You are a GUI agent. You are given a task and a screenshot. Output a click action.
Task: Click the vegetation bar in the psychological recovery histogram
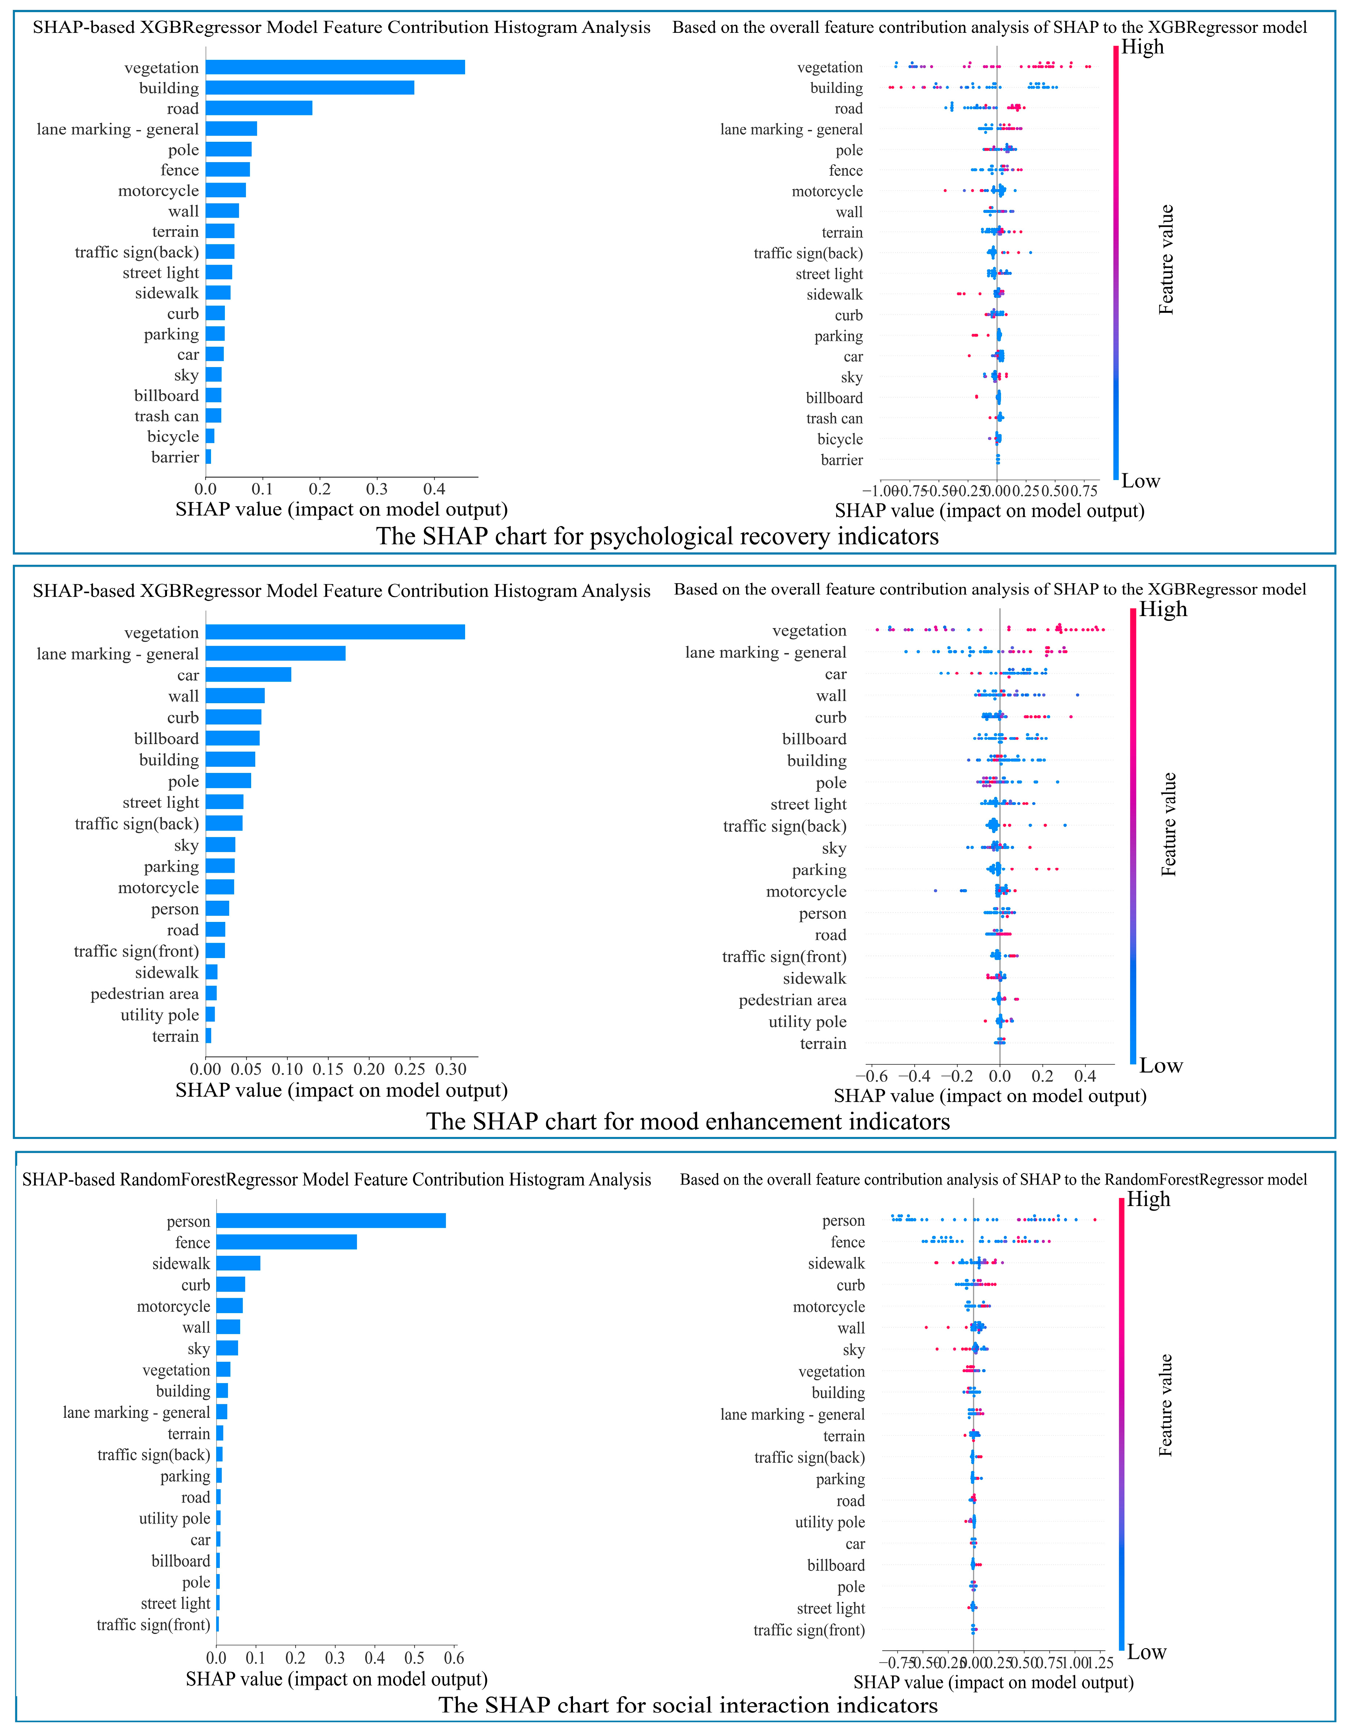pos(335,67)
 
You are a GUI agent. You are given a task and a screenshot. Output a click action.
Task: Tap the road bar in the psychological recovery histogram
pos(258,108)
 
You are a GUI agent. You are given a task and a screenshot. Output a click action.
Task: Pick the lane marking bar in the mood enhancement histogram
pos(275,654)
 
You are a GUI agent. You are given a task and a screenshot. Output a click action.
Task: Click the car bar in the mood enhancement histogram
pos(248,675)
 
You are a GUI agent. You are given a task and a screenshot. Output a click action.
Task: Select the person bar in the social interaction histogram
pos(331,1221)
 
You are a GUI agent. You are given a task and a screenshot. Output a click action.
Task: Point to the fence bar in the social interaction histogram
pos(286,1242)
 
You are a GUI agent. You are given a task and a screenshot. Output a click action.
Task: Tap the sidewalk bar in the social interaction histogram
pos(238,1263)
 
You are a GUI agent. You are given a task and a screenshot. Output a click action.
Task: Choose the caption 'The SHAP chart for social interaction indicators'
pos(688,1705)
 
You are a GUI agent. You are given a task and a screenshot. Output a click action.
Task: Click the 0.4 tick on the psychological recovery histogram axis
pos(434,489)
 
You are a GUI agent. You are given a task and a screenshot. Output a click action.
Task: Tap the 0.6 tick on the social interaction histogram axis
pos(453,1658)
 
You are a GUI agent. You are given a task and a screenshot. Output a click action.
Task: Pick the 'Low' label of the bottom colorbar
pos(1146,1652)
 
